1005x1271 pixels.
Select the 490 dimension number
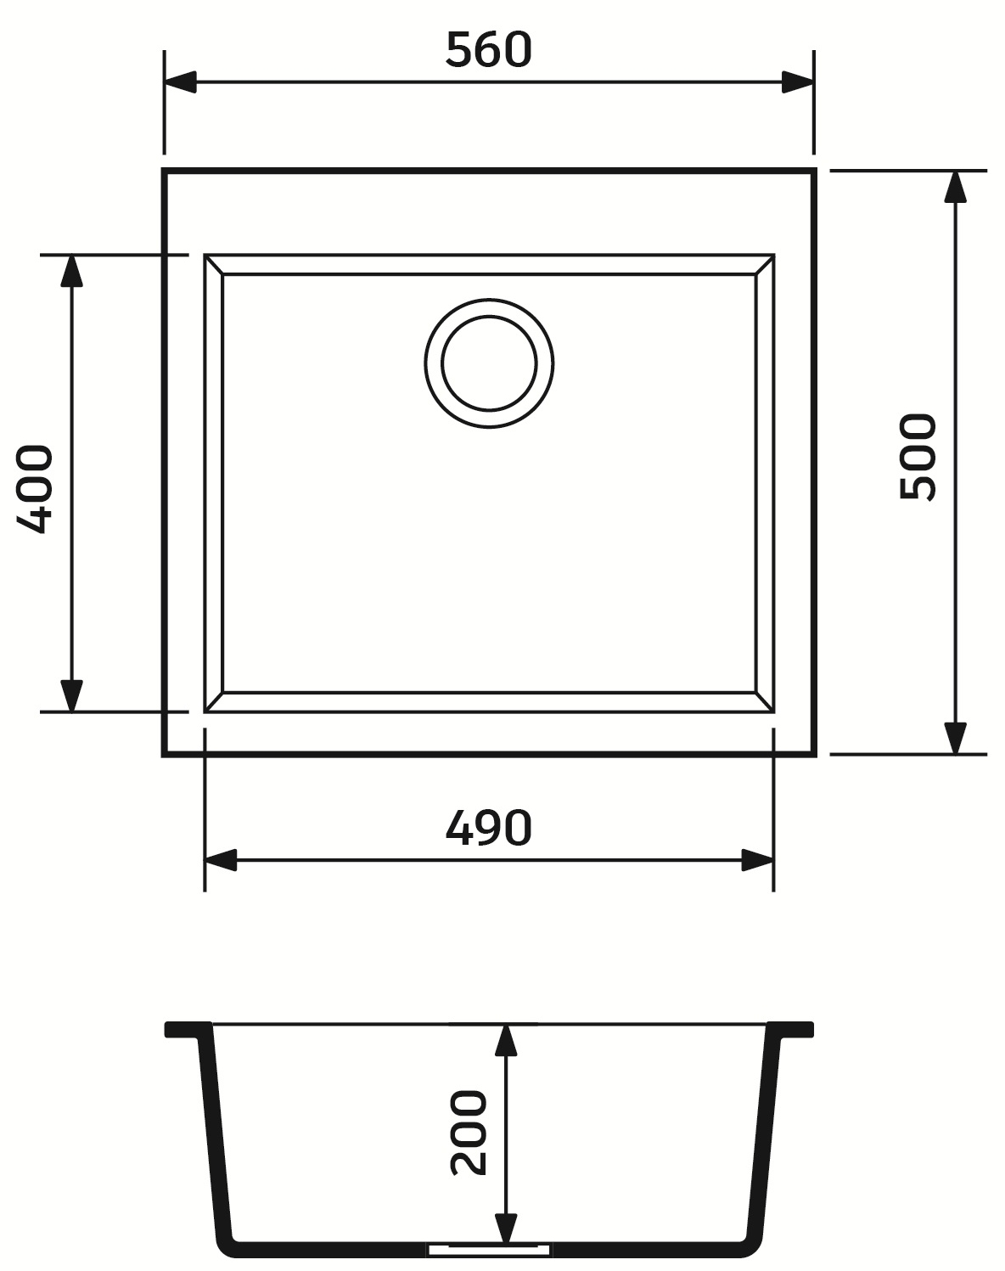tap(488, 828)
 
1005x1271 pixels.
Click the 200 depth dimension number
tap(469, 1133)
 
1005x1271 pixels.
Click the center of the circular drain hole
tap(489, 363)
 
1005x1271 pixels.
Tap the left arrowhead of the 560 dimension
tap(181, 82)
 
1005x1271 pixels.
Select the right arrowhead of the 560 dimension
tap(798, 82)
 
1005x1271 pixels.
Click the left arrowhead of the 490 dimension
tap(222, 860)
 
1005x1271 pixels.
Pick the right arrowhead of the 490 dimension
tap(757, 860)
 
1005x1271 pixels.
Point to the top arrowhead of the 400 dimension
tap(71, 271)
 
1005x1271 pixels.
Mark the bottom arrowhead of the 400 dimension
tap(71, 695)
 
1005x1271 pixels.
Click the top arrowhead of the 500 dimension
tap(956, 187)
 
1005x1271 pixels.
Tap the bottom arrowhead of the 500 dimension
tap(956, 738)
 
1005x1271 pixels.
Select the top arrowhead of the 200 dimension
tap(506, 1040)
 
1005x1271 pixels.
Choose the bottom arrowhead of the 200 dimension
tap(506, 1227)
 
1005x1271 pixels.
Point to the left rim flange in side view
tap(186, 1030)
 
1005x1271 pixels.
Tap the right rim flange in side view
tap(792, 1030)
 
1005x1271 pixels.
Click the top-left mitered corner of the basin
tap(214, 264)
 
